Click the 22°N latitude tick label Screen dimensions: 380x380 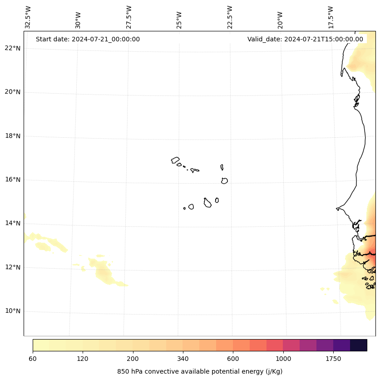[x=13, y=48]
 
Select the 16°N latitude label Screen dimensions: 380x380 [x=13, y=180]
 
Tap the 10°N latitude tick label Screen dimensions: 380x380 [x=13, y=311]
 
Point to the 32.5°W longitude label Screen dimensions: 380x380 [x=28, y=17]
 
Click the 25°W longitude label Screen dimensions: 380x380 [x=179, y=20]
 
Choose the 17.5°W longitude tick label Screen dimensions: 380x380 [x=331, y=17]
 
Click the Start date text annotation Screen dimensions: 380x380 [x=88, y=39]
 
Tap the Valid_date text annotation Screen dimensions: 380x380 [x=305, y=39]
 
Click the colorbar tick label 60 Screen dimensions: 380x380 [x=33, y=359]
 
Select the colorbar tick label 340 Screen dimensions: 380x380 [x=183, y=359]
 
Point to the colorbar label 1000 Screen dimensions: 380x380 [x=283, y=359]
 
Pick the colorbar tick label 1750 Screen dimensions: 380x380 [x=333, y=359]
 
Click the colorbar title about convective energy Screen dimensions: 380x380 [x=200, y=371]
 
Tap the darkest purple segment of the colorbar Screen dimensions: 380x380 [x=359, y=345]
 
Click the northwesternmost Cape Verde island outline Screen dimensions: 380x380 [x=175, y=160]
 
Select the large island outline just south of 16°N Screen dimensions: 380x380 [x=224, y=181]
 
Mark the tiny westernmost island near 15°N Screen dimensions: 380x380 [x=184, y=208]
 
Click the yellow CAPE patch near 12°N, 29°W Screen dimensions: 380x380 [x=103, y=271]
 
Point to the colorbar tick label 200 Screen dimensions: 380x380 [x=133, y=359]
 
